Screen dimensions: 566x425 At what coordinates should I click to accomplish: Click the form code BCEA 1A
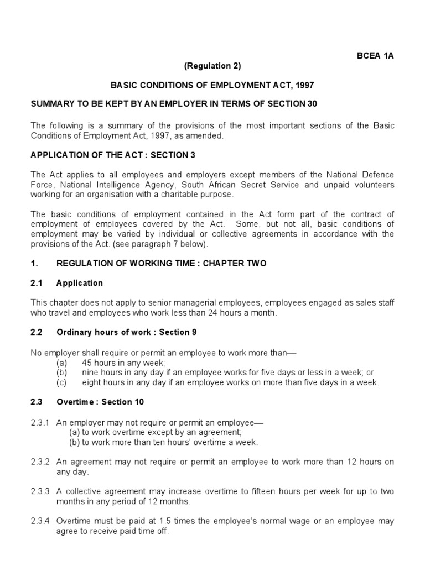[x=375, y=56]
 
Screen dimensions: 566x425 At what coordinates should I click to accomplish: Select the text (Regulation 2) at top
[x=212, y=66]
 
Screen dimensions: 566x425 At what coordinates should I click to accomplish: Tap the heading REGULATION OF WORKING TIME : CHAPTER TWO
[x=162, y=264]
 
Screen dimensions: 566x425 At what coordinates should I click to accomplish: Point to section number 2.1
[x=37, y=283]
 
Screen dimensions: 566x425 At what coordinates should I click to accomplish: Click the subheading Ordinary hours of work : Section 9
[x=127, y=332]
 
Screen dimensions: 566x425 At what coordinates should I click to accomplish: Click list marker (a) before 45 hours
[x=61, y=363]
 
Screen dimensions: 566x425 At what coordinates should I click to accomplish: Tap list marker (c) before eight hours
[x=61, y=382]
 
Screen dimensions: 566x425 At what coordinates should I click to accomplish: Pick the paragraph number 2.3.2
[x=40, y=462]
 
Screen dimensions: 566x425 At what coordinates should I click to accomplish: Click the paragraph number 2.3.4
[x=40, y=522]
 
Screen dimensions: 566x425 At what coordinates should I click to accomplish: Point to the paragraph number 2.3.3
[x=40, y=492]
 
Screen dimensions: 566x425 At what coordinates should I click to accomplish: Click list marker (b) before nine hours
[x=61, y=373]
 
